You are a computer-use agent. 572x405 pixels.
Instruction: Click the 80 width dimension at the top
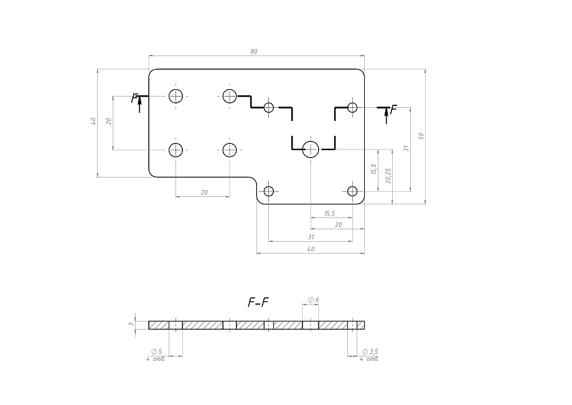click(x=254, y=52)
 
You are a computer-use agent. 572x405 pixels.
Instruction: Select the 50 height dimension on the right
click(x=421, y=136)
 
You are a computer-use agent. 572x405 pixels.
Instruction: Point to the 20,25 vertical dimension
click(x=388, y=176)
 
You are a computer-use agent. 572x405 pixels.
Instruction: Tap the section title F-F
click(x=258, y=302)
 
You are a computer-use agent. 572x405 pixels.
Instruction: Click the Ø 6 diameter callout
click(x=314, y=300)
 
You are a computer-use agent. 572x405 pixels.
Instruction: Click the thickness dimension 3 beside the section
click(x=131, y=324)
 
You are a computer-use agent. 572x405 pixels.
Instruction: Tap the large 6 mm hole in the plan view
click(x=311, y=149)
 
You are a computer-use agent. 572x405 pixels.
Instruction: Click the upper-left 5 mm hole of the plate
click(x=176, y=96)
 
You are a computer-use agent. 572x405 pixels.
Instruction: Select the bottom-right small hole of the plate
click(x=352, y=191)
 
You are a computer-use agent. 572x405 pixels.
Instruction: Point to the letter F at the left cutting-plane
click(x=134, y=98)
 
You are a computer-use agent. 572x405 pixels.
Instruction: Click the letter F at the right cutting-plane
click(x=393, y=110)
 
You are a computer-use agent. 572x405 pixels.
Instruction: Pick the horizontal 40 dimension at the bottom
click(x=311, y=249)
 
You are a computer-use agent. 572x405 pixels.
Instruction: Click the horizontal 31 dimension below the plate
click(x=311, y=237)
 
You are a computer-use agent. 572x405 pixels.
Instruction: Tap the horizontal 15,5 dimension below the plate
click(x=329, y=213)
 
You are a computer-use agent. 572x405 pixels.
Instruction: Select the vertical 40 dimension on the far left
click(x=93, y=121)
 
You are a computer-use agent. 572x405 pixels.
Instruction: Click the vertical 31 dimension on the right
click(x=406, y=148)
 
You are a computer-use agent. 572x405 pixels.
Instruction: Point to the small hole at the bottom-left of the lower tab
click(x=269, y=191)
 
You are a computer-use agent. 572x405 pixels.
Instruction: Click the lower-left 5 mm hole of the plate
click(x=176, y=150)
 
